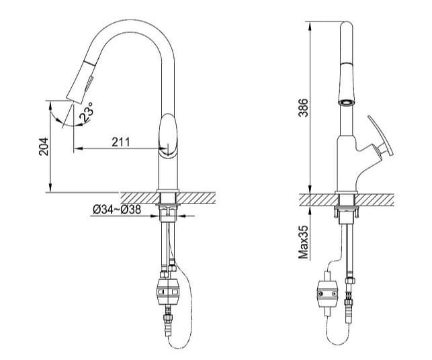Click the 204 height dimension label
(44, 146)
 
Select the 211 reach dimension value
(121, 142)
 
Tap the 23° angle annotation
(87, 111)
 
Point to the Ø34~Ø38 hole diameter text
(117, 210)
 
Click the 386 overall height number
(303, 107)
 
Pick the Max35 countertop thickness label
(303, 242)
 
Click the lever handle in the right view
(381, 136)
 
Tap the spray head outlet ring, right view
(347, 103)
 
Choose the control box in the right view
(328, 294)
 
